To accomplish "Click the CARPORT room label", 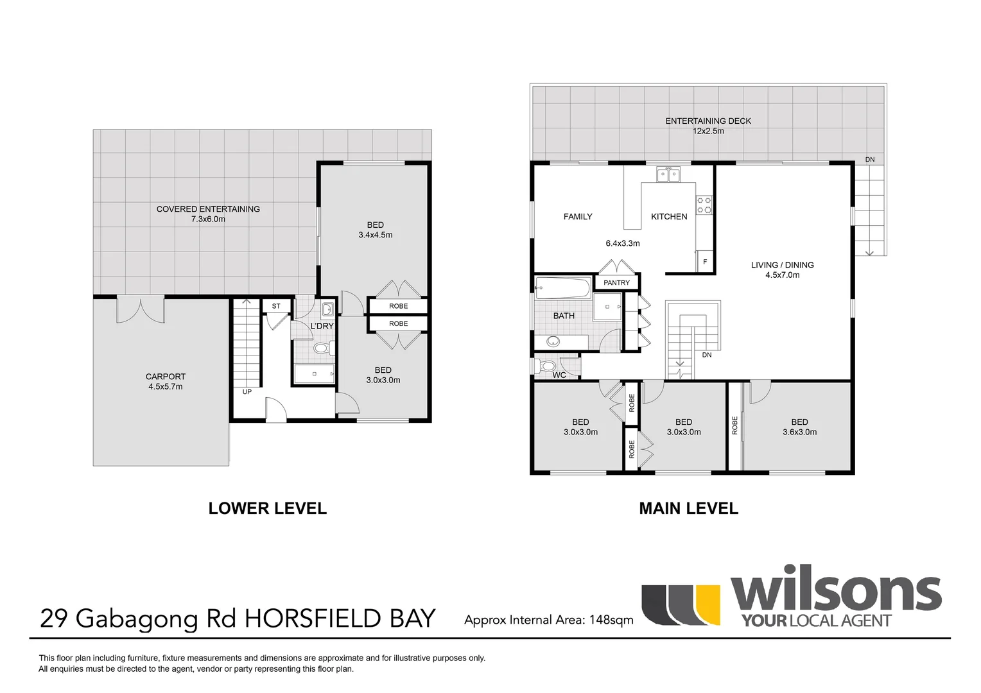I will tap(166, 377).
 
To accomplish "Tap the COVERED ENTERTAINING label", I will tap(208, 209).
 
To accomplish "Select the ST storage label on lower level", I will tap(276, 306).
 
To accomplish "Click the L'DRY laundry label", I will tap(322, 326).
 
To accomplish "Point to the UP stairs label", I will tap(247, 391).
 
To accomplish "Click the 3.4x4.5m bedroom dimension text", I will tap(376, 235).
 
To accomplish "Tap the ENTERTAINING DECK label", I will tap(708, 121).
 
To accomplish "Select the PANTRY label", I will tap(617, 282).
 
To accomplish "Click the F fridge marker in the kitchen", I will tap(705, 262).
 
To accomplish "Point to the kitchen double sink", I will tap(668, 174).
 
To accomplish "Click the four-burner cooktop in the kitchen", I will tap(704, 205).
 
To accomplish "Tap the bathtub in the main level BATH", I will tap(563, 288).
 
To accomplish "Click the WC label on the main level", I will tap(559, 375).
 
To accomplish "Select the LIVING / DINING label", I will tap(782, 264).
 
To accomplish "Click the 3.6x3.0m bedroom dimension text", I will tap(799, 432).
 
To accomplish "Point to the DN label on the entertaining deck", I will tap(870, 159).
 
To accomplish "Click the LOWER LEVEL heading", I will tap(268, 508).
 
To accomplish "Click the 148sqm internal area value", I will tap(612, 620).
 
